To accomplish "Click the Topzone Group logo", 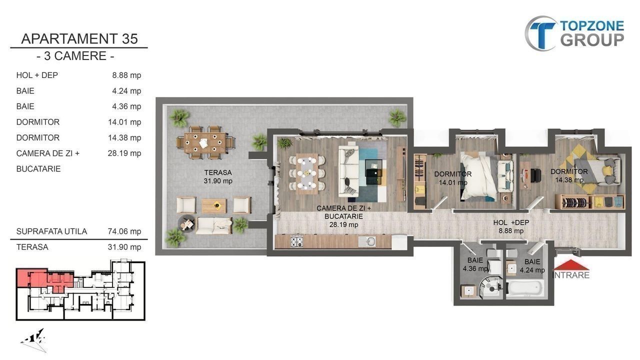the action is (574, 33).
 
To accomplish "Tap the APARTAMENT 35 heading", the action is (79, 39).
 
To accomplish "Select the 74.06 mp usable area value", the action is (124, 231).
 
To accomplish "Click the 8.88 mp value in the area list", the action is (126, 75).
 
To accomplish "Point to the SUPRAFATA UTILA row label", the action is (51, 231).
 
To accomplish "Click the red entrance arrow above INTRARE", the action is (571, 264).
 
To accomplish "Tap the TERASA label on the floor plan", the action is (217, 172).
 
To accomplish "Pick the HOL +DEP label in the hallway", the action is (511, 222).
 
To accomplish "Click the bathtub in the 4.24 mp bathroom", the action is (525, 288).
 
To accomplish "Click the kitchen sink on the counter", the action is (367, 242).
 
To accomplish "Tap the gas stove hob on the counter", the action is (297, 242).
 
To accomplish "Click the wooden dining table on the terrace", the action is (205, 142).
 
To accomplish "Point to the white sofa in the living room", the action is (348, 171).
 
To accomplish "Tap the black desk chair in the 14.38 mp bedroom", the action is (536, 175).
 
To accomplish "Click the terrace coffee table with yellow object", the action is (214, 205).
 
